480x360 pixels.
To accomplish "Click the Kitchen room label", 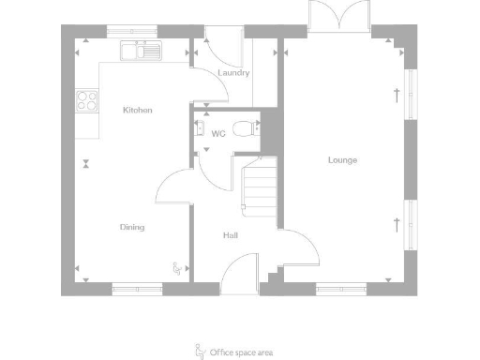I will point(138,111).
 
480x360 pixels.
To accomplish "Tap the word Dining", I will point(132,227).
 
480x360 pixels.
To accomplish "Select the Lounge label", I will point(342,160).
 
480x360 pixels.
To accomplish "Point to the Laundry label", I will point(232,73).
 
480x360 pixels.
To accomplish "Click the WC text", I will point(218,134).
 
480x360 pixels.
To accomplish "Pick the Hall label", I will point(230,235).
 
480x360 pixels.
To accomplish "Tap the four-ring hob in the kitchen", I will point(87,99).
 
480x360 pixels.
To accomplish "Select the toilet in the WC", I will point(245,128).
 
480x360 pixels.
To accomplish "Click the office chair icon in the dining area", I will point(176,269).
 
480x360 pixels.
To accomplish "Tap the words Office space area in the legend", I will point(242,352).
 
